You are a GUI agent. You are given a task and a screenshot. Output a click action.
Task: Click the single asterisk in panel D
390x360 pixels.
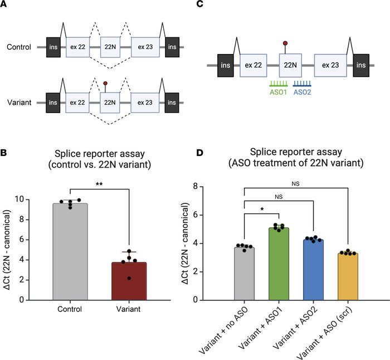click(261, 209)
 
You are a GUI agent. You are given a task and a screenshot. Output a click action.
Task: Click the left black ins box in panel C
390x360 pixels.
click(227, 66)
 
